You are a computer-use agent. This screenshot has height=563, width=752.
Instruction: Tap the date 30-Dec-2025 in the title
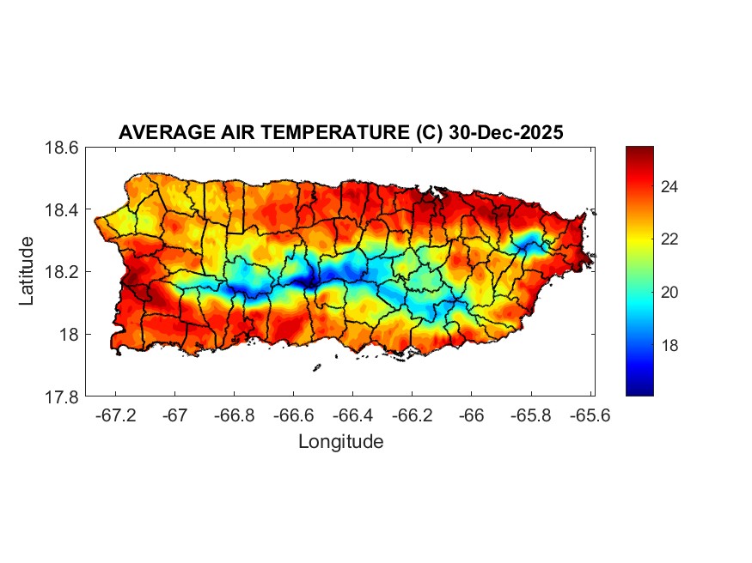tap(506, 133)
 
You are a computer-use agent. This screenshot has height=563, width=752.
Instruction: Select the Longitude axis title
tap(340, 442)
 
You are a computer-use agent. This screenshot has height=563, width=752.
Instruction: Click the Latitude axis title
tap(28, 271)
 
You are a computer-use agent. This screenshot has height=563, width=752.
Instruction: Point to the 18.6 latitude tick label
tap(62, 148)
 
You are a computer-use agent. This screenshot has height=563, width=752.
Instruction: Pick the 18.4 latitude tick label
tap(62, 210)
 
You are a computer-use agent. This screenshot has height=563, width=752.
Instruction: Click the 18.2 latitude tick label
tap(62, 272)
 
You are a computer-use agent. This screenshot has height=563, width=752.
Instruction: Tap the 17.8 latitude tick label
tap(62, 397)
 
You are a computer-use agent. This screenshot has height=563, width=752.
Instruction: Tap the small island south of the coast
tap(316, 368)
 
